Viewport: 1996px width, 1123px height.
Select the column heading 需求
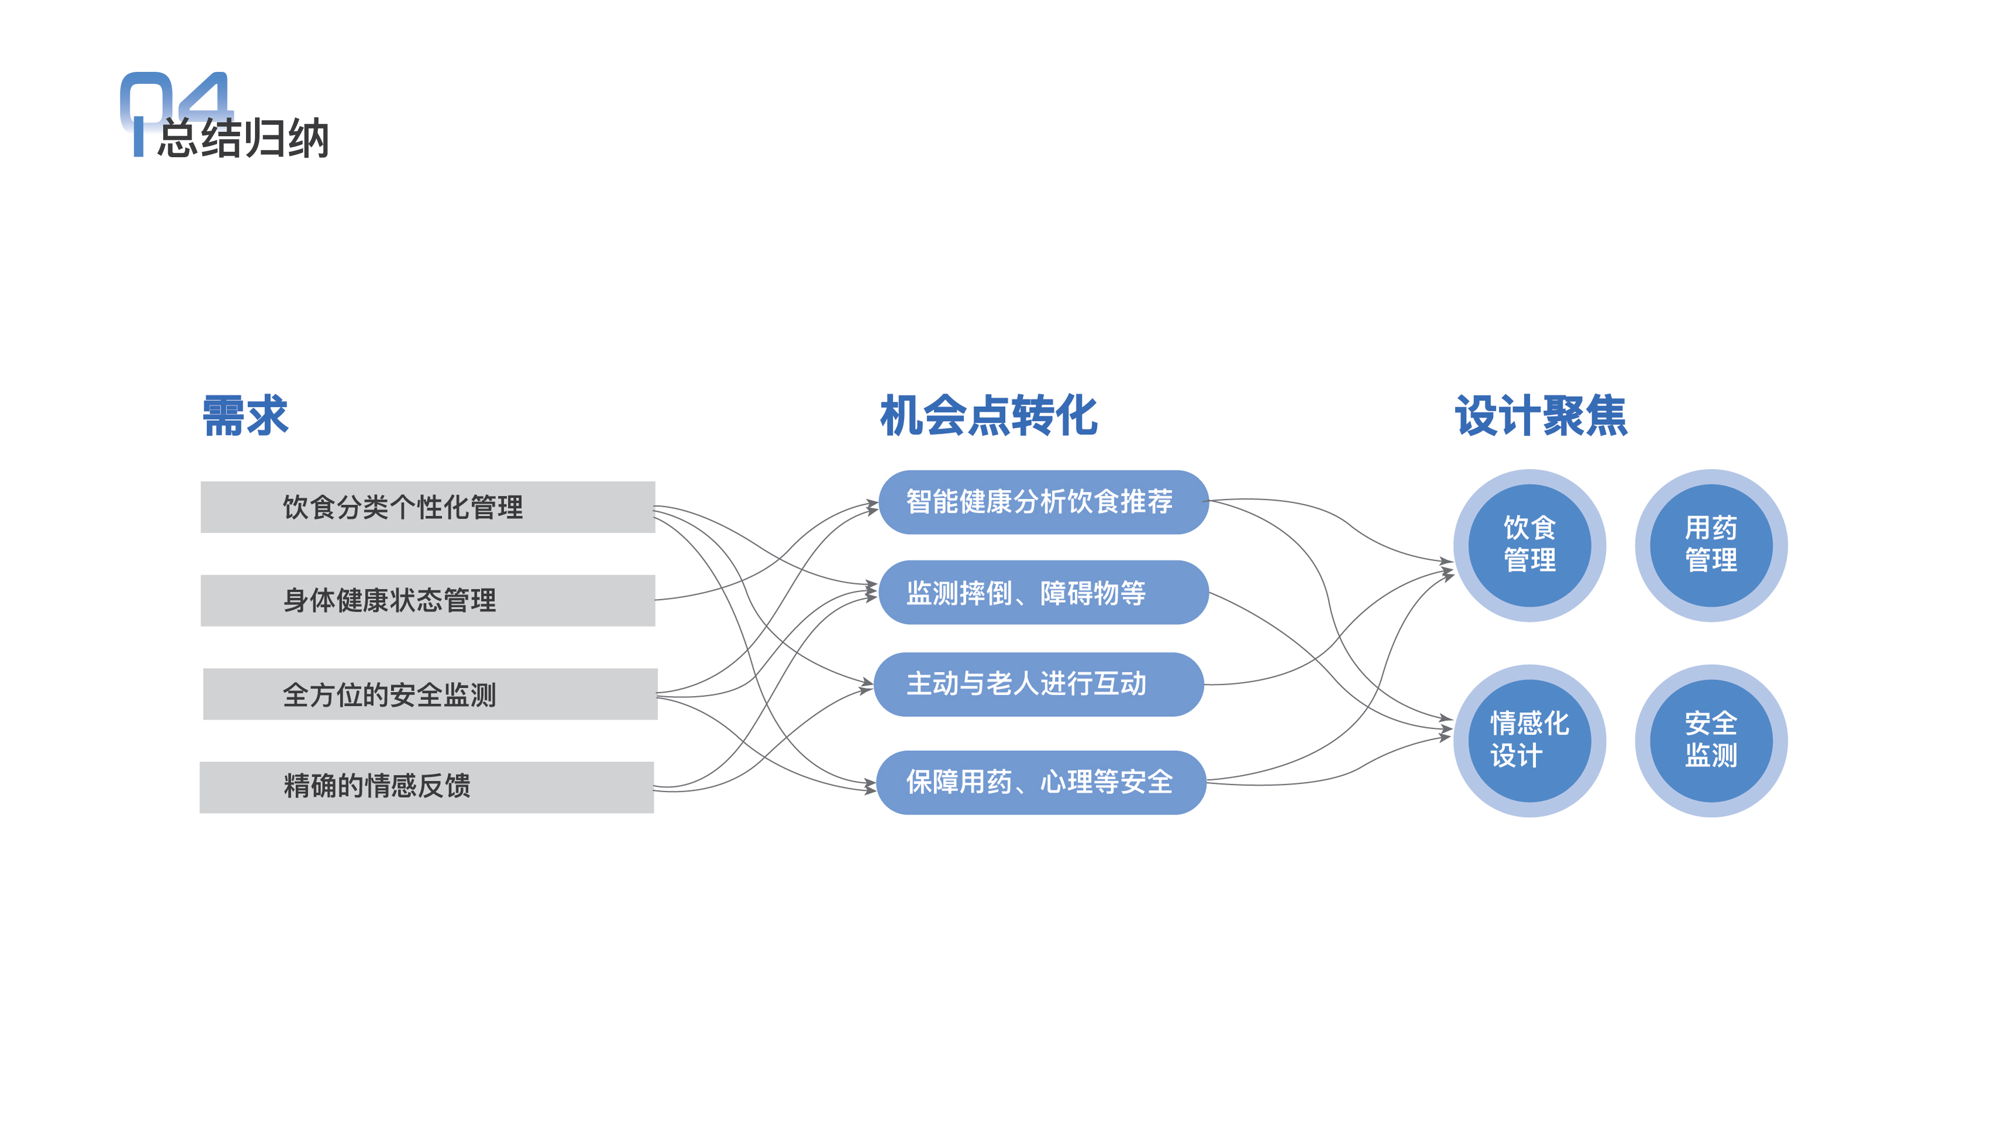click(245, 415)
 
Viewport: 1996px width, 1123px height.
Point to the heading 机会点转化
click(988, 415)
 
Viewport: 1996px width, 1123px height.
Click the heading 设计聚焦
click(1540, 415)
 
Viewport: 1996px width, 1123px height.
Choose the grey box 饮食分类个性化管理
click(427, 507)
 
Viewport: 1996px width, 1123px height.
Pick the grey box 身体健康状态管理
click(427, 600)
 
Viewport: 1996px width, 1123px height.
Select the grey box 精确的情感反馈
click(426, 787)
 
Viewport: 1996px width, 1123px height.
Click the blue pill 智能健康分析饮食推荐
click(1043, 502)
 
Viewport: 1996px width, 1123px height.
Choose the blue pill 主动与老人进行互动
click(1038, 684)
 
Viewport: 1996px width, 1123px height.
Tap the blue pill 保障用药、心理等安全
click(1040, 782)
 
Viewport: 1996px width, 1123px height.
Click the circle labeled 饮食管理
click(1529, 545)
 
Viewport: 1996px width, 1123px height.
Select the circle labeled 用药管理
click(1711, 545)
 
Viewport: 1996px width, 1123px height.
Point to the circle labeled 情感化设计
click(1529, 740)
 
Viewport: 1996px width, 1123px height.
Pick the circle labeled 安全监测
click(1711, 740)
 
